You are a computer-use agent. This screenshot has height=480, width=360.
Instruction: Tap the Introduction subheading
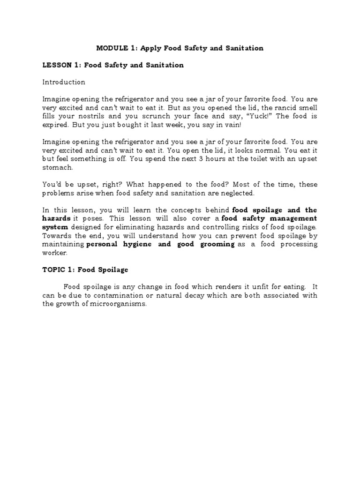pos(64,82)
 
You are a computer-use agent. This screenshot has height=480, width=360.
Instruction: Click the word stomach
pos(58,167)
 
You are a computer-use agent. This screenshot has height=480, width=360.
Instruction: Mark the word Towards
pos(56,236)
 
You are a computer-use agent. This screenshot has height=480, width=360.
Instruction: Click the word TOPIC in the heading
pos(54,270)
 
